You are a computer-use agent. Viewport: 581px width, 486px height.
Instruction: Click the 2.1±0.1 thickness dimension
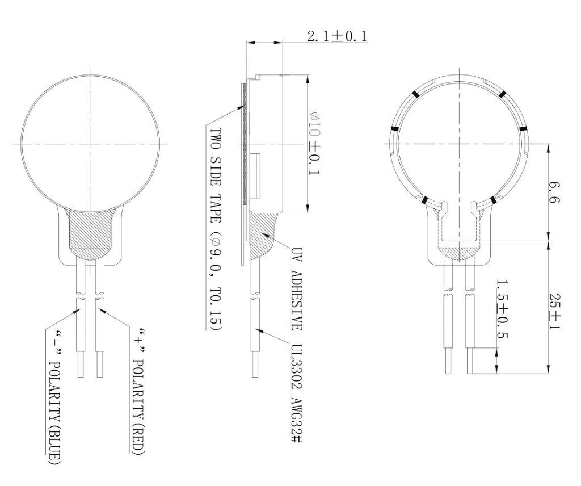(x=337, y=36)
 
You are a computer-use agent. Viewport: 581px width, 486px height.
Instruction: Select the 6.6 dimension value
(x=555, y=192)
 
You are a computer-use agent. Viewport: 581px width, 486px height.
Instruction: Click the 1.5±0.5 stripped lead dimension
(x=502, y=309)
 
